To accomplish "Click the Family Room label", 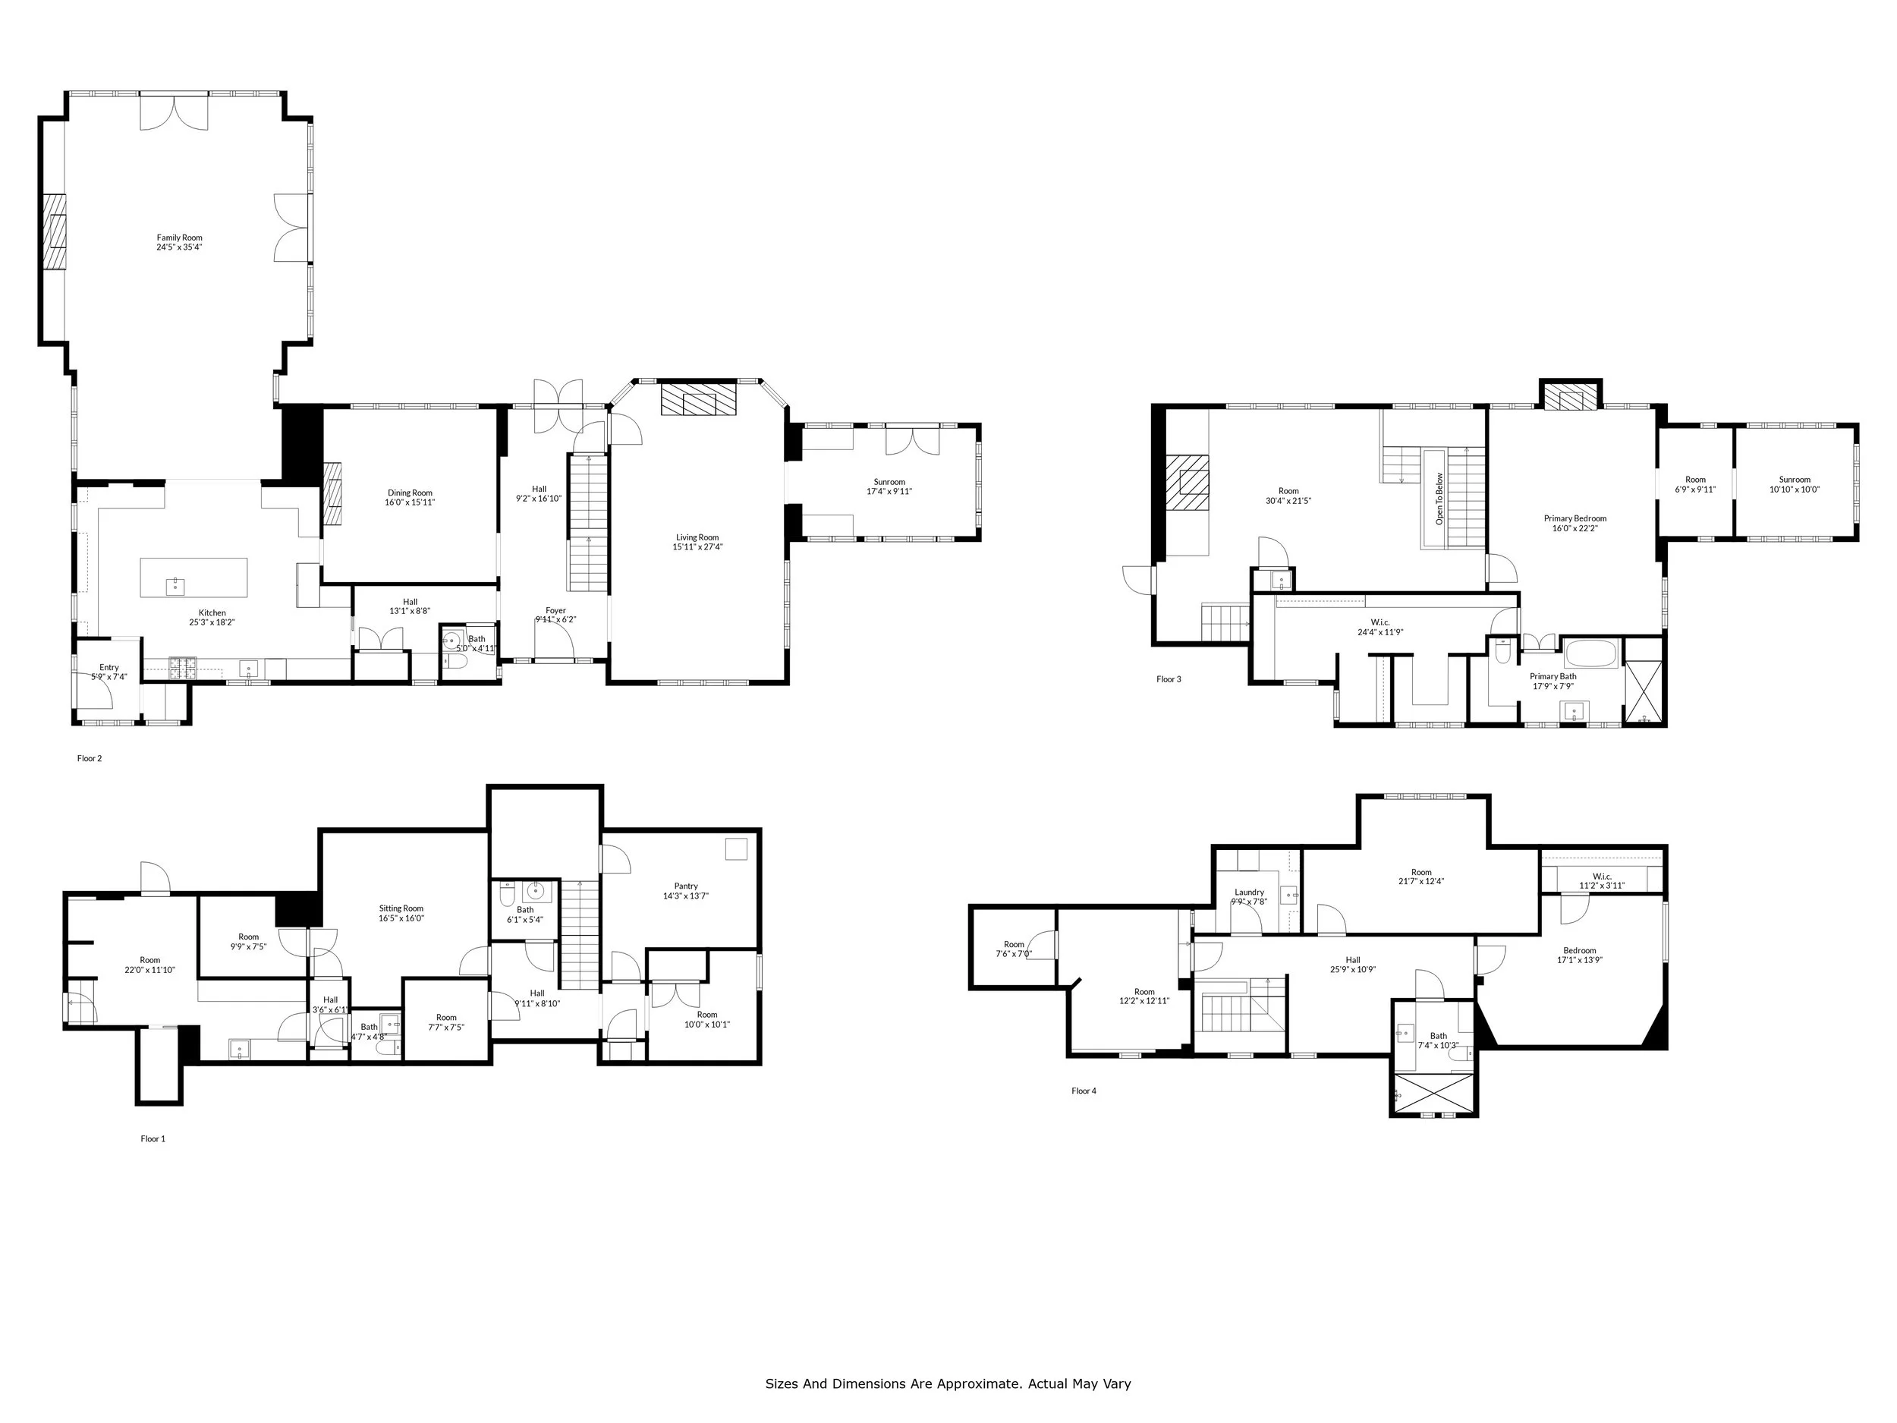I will (x=179, y=238).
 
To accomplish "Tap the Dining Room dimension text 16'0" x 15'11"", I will (x=409, y=502).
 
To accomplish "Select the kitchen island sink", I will (x=175, y=587).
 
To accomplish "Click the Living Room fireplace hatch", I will (x=698, y=400).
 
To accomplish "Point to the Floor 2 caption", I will (x=90, y=758).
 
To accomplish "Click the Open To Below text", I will (x=1439, y=499).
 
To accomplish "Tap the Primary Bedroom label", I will (x=1575, y=518).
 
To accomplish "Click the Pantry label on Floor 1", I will (x=685, y=886).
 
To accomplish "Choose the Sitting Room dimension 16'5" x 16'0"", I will (x=401, y=918).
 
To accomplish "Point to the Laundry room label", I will (x=1249, y=892).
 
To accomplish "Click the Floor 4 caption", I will (x=1083, y=1091).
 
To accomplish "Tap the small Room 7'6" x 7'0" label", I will (x=1014, y=944).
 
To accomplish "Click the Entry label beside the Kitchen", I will (x=109, y=667).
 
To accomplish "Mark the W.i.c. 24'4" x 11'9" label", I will (x=1379, y=622).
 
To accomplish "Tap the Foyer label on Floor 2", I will (x=555, y=611).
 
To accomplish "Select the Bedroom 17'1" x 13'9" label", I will (x=1580, y=950).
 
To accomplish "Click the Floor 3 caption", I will (x=1168, y=679).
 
